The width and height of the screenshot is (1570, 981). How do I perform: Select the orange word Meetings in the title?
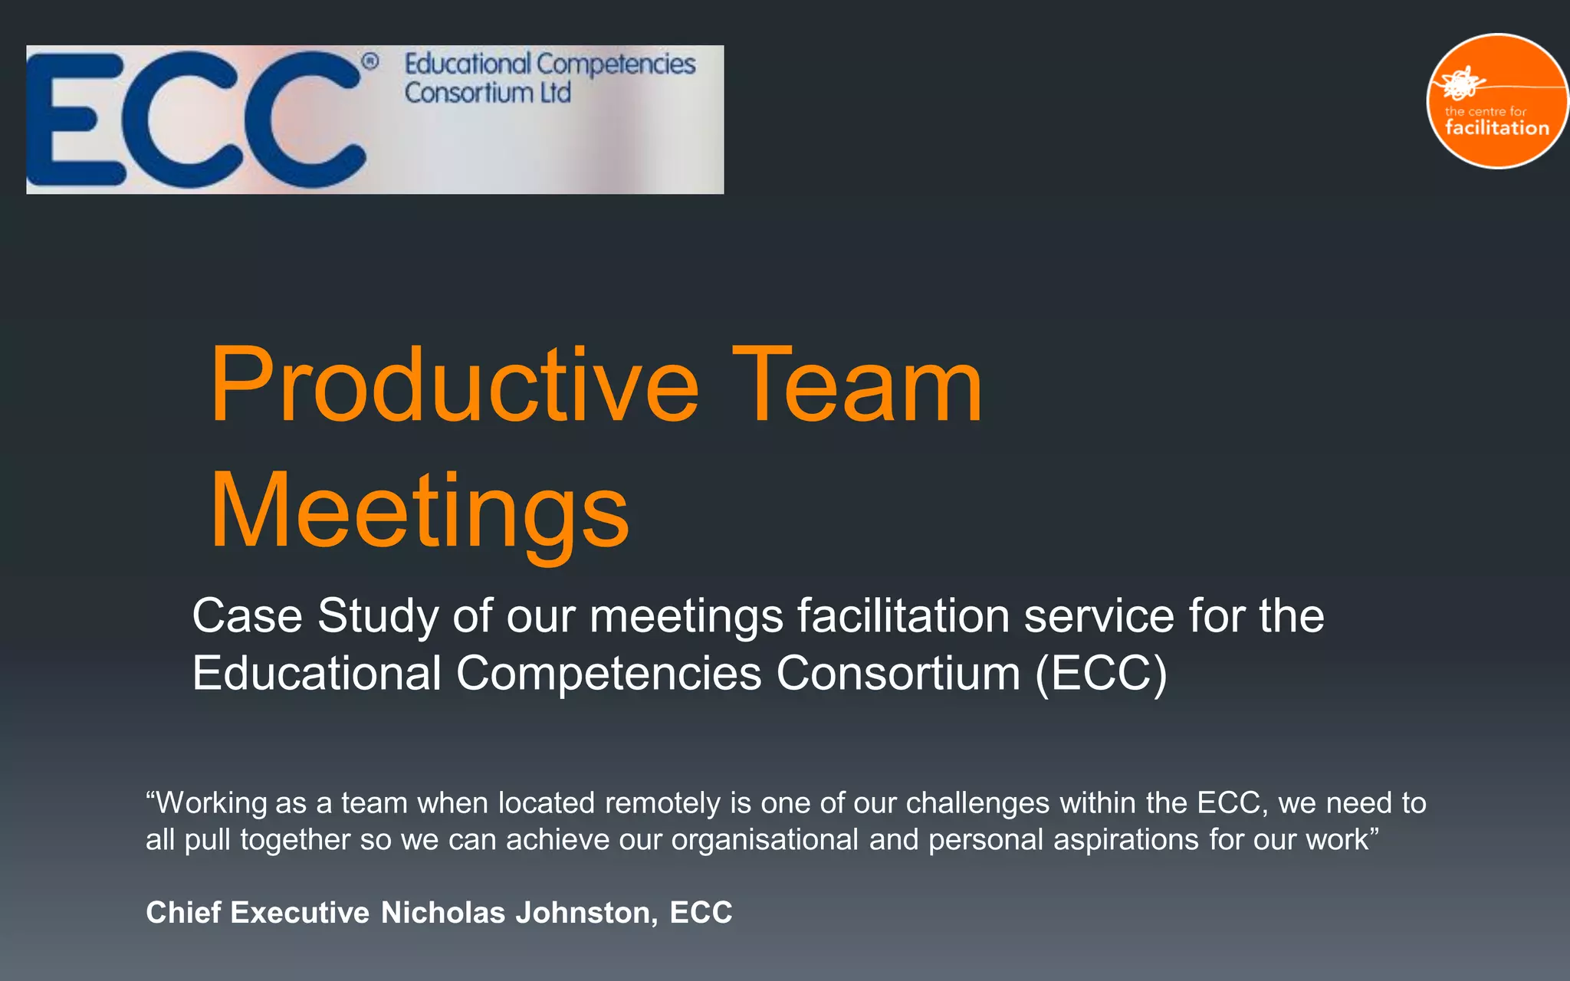click(x=419, y=512)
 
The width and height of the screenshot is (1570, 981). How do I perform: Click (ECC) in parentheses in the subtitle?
click(x=1101, y=674)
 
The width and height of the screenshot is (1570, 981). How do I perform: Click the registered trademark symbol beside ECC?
click(x=370, y=61)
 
